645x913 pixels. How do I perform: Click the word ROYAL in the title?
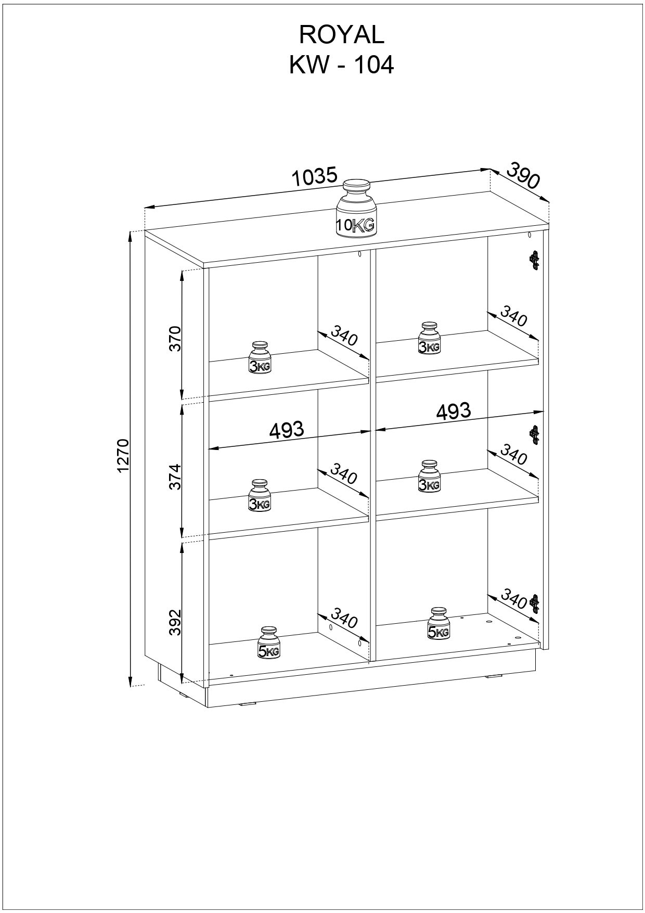coord(341,35)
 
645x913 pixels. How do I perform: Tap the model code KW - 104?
coord(341,66)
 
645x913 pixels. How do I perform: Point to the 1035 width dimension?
coord(315,177)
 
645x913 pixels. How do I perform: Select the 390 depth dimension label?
coord(523,175)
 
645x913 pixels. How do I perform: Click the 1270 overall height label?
coord(123,456)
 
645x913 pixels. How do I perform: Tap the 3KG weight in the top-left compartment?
coord(260,357)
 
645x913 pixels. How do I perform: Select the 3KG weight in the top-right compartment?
coord(430,338)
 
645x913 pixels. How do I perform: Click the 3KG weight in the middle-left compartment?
coord(260,495)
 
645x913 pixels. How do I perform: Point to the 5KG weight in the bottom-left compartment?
coord(269,642)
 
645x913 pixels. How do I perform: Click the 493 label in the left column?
coord(287,430)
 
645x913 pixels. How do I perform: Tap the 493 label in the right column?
coord(454,411)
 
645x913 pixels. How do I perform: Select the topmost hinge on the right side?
coord(534,261)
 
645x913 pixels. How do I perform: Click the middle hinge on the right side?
coord(534,434)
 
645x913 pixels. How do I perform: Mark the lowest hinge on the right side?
coord(534,603)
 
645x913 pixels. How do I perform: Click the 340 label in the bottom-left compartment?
coord(344,618)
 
